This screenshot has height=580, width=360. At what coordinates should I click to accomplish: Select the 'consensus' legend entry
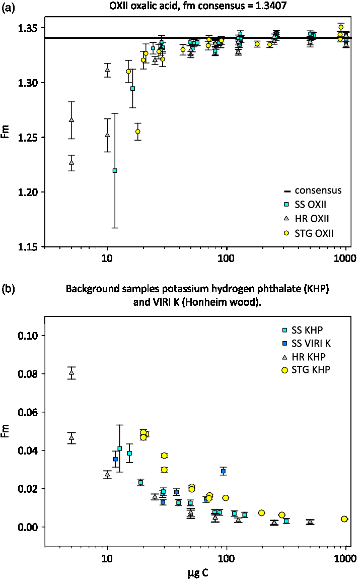click(318, 190)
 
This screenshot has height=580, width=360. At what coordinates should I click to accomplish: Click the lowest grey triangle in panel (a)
click(72, 162)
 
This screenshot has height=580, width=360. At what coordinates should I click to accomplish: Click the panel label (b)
click(8, 289)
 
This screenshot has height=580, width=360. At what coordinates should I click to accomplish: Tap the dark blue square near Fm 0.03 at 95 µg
click(223, 471)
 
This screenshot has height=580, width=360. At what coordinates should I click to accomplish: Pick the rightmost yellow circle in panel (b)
click(344, 519)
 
